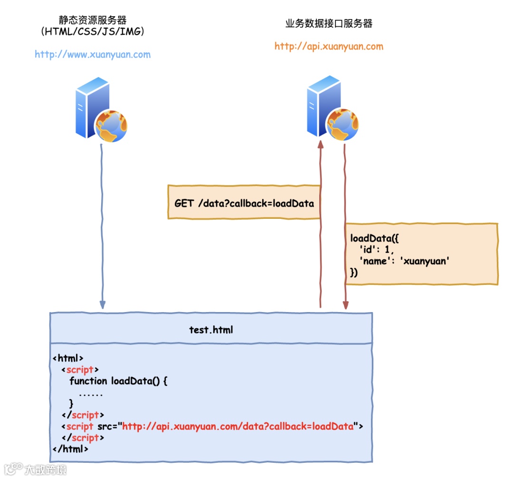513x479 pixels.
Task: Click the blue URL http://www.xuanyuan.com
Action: point(93,54)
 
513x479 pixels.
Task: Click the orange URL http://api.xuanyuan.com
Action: point(329,46)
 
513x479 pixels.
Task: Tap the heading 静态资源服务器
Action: point(93,21)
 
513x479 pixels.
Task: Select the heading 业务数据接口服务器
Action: point(329,23)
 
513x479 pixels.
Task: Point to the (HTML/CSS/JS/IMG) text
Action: point(93,32)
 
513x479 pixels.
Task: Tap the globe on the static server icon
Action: point(112,126)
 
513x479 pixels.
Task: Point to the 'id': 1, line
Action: point(377,249)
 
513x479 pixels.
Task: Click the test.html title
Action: point(211,329)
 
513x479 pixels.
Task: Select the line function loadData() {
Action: point(119,381)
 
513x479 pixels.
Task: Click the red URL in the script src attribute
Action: point(238,426)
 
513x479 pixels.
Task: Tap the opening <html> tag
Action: point(68,358)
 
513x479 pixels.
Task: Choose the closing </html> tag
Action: point(70,448)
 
